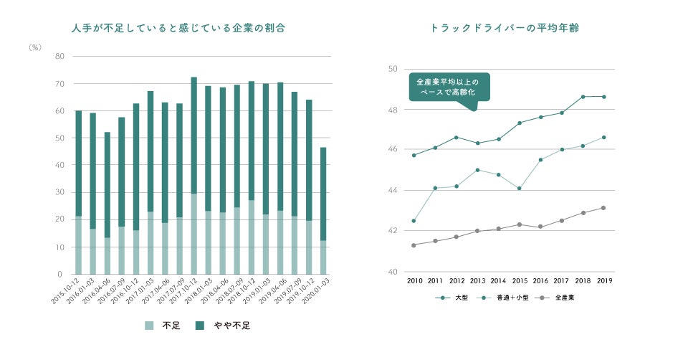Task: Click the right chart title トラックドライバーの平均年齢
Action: pyautogui.click(x=505, y=29)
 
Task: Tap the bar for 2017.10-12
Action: pyautogui.click(x=193, y=176)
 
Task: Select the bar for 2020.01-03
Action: pyautogui.click(x=323, y=211)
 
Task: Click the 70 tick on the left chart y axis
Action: pyautogui.click(x=59, y=84)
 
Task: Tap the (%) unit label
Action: pyautogui.click(x=35, y=47)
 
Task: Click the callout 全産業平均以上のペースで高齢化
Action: pyautogui.click(x=449, y=87)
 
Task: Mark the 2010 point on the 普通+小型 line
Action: pyautogui.click(x=414, y=221)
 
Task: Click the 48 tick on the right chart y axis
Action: pyautogui.click(x=393, y=110)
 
